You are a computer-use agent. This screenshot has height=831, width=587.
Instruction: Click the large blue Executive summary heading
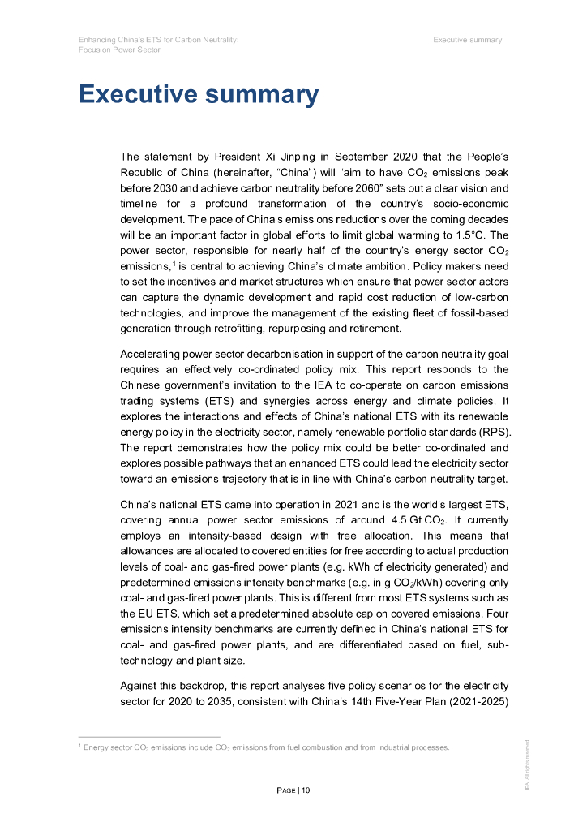pos(198,94)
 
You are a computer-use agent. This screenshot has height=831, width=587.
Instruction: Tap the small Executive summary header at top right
pos(467,40)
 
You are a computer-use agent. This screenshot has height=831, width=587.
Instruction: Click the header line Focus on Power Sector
pos(119,50)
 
